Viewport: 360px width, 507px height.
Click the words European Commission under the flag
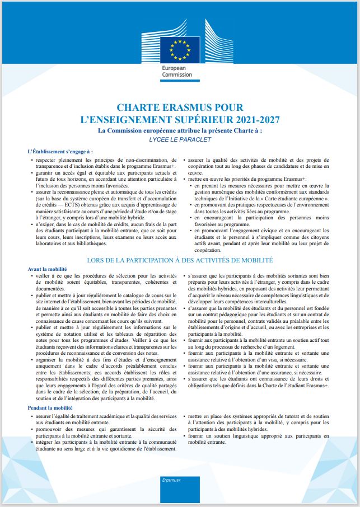point(176,71)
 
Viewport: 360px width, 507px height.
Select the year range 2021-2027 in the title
point(255,119)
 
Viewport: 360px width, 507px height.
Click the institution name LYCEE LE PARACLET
point(180,139)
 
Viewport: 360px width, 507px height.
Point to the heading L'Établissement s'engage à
point(60,151)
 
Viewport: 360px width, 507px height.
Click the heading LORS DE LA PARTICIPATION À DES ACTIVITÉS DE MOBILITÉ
point(180,261)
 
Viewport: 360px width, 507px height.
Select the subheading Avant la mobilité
point(51,269)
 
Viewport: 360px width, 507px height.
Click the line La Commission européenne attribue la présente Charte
point(180,130)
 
